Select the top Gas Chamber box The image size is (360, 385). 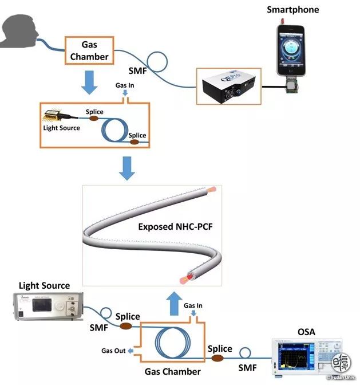pyautogui.click(x=89, y=51)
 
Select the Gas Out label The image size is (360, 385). pyautogui.click(x=113, y=351)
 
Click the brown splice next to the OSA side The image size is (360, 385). pyautogui.click(x=218, y=358)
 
